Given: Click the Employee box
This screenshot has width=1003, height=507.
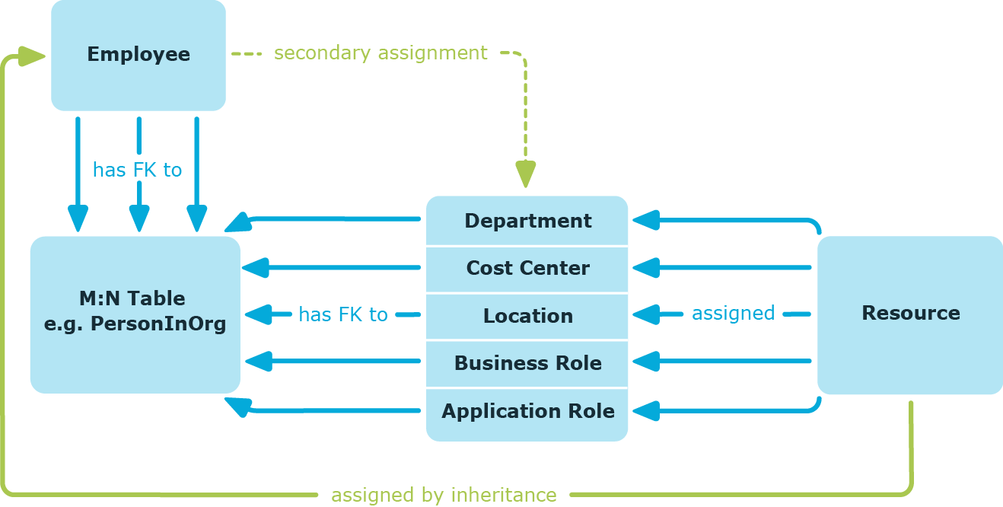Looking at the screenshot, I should [x=138, y=55].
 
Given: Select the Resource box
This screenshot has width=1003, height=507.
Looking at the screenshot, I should [x=910, y=314].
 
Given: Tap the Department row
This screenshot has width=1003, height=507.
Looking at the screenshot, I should [x=527, y=221].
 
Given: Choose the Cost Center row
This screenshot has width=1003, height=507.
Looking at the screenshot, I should [x=527, y=268].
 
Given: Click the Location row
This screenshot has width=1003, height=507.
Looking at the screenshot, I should [x=527, y=316].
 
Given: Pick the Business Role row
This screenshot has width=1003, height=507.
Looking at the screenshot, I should [x=527, y=363].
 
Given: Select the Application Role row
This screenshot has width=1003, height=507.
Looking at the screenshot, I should [x=527, y=411].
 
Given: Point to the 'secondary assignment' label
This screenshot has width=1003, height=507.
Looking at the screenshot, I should [x=381, y=53].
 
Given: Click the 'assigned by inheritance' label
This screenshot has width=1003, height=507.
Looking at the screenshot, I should [x=444, y=495].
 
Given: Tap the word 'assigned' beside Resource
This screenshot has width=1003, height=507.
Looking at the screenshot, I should [x=733, y=313].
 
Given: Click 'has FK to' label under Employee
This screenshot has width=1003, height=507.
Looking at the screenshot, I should [x=137, y=170].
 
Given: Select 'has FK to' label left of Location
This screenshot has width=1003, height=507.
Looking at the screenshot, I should [x=342, y=314].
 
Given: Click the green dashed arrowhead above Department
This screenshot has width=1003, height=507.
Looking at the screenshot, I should [x=525, y=174].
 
